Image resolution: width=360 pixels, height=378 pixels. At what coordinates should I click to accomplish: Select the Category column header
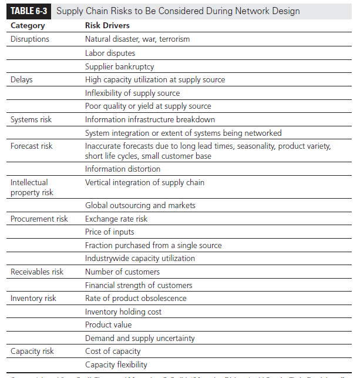[x=28, y=26]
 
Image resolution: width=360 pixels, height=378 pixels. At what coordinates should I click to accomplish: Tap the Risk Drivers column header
[x=107, y=26]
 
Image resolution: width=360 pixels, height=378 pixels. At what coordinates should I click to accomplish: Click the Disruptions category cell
[x=30, y=39]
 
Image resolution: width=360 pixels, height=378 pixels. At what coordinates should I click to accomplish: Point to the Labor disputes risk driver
[x=110, y=53]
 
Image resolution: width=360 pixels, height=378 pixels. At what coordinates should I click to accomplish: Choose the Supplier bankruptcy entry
[x=119, y=66]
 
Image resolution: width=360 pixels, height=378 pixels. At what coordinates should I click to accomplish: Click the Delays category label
[x=22, y=79]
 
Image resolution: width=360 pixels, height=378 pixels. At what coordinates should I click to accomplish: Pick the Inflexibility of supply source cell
[x=132, y=93]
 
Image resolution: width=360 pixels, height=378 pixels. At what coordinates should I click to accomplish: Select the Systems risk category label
[x=31, y=119]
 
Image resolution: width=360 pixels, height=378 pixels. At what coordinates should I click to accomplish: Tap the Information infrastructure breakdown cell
[x=150, y=119]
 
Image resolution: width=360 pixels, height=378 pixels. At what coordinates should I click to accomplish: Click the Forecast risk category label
[x=32, y=146]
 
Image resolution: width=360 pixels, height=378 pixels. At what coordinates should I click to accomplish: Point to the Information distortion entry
[x=122, y=169]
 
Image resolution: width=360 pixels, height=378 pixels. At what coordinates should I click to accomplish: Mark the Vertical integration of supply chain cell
[x=144, y=182]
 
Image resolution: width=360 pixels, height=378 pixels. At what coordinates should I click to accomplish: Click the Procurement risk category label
[x=39, y=219]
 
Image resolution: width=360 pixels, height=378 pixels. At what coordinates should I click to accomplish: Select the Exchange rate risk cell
[x=116, y=219]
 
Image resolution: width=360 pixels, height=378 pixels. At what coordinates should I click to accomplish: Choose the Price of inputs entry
[x=109, y=232]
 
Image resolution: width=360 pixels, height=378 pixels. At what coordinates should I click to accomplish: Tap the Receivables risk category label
[x=37, y=272]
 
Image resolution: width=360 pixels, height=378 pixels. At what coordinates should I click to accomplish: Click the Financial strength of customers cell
[x=139, y=285]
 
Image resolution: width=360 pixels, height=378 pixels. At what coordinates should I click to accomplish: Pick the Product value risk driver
[x=108, y=325]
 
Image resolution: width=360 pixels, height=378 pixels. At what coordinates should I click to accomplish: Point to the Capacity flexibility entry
[x=116, y=364]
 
